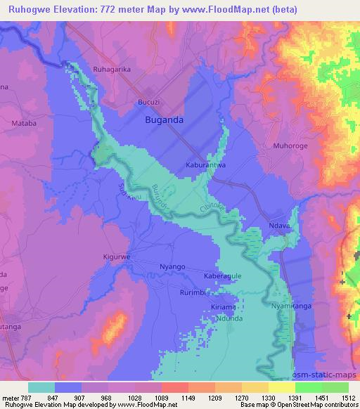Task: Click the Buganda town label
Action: click(164, 120)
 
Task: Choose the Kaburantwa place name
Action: click(205, 166)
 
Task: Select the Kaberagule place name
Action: click(223, 276)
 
